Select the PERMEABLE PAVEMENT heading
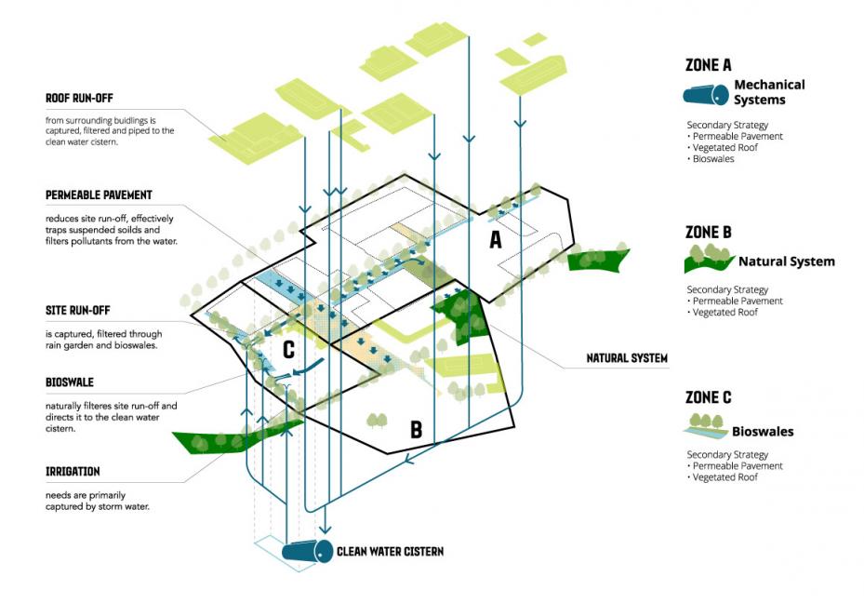click(98, 195)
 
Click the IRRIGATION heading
click(73, 472)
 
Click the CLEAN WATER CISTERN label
click(391, 552)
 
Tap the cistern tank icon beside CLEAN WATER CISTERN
click(311, 552)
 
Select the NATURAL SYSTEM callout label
click(627, 357)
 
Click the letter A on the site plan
click(497, 241)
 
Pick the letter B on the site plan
click(416, 429)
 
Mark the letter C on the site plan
click(289, 350)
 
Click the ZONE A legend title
click(708, 66)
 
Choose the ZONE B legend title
click(708, 232)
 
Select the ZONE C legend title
click(708, 397)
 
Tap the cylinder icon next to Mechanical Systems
click(707, 94)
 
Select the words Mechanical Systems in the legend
click(769, 92)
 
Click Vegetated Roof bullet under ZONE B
click(723, 313)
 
